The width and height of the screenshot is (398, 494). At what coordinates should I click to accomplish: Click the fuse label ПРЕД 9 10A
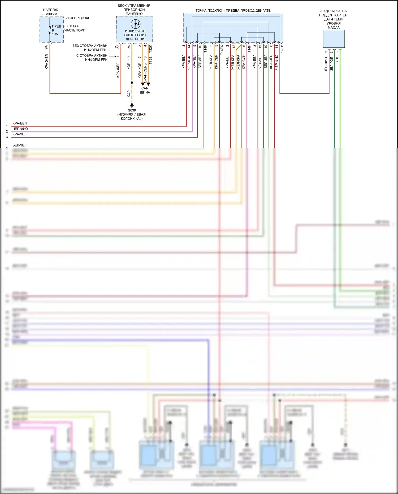tap(56, 30)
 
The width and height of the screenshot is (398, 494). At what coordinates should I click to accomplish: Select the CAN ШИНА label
tap(145, 90)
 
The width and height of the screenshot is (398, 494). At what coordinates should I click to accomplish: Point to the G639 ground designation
tap(132, 110)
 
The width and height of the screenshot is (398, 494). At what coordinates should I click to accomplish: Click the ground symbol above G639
tap(132, 105)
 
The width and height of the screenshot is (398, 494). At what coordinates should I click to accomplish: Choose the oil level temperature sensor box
tap(334, 39)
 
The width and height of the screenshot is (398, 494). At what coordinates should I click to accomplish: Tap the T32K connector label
tap(150, 48)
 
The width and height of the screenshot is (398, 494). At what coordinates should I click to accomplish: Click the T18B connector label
tap(150, 60)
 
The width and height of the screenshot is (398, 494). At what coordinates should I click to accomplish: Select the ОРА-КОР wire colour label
tap(140, 70)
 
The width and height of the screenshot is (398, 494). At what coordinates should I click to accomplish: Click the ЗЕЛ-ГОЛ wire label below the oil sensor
tap(331, 63)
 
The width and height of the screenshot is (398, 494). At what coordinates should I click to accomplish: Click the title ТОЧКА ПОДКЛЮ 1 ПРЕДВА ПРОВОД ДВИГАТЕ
tap(233, 11)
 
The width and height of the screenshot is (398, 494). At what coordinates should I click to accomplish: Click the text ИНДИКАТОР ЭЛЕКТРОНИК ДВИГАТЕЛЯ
tap(135, 35)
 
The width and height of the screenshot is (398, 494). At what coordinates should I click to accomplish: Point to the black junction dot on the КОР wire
tap(132, 83)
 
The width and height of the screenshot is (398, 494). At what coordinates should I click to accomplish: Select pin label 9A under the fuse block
tap(46, 47)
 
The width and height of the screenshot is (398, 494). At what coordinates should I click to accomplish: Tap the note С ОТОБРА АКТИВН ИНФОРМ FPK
tap(92, 58)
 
